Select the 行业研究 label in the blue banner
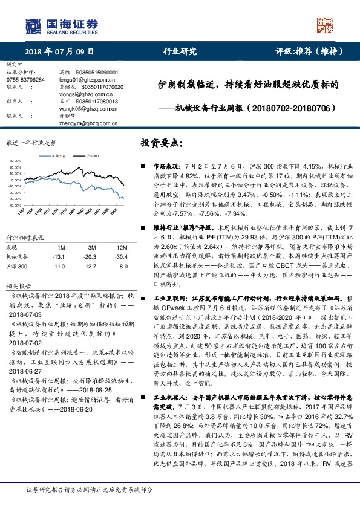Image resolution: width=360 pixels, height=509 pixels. (180, 51)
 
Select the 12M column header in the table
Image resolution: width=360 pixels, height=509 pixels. (122, 248)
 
